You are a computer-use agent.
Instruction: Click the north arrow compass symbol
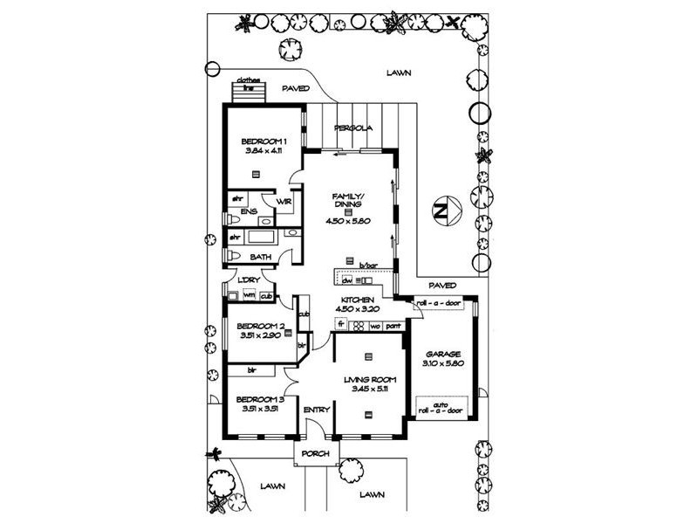tap(442, 210)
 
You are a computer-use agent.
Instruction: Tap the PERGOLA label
tap(356, 128)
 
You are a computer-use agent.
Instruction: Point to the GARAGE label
tap(443, 354)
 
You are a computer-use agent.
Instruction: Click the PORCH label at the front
tap(314, 455)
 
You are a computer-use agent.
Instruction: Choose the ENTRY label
tap(314, 409)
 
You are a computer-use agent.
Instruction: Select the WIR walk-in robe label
tap(284, 202)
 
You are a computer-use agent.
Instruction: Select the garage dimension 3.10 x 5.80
tap(443, 363)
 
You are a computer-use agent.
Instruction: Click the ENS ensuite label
tap(249, 211)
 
